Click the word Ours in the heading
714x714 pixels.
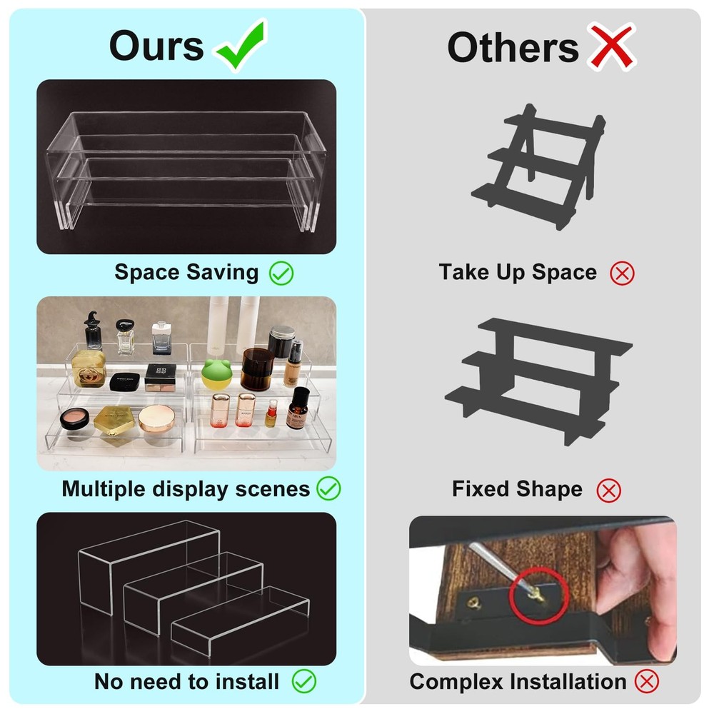click(156, 46)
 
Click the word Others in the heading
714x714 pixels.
click(513, 47)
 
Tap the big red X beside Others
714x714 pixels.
click(611, 46)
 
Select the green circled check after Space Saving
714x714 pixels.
click(281, 273)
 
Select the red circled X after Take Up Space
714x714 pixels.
click(622, 273)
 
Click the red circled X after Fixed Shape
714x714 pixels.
click(608, 491)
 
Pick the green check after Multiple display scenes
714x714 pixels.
click(328, 488)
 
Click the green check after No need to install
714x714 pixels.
click(303, 681)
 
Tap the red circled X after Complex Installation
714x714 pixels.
click(647, 681)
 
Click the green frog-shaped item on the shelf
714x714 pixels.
click(217, 374)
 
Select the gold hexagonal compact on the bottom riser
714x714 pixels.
click(114, 423)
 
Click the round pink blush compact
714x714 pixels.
click(74, 418)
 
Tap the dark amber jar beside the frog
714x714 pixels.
click(257, 369)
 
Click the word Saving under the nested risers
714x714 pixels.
click(222, 272)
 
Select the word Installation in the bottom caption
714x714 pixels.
click(568, 682)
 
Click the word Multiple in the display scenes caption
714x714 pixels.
click(104, 489)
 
